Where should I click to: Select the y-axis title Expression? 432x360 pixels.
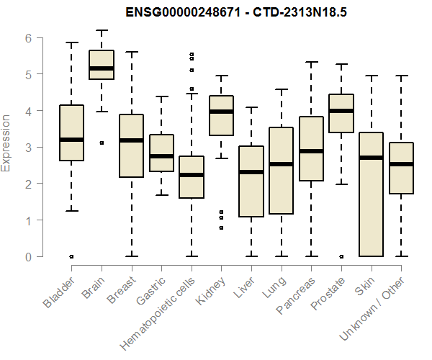pos(6,143)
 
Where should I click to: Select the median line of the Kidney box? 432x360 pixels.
pos(221,112)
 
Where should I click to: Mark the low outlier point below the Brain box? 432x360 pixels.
pos(102,143)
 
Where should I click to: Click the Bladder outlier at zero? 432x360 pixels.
pos(71,256)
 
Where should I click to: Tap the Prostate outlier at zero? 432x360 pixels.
pos(341,256)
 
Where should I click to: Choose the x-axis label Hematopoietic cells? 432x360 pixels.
pos(164,302)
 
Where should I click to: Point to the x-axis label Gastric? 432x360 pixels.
pos(150,289)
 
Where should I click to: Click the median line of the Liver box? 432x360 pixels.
pos(251,172)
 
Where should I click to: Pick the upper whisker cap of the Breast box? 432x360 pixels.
pos(131,52)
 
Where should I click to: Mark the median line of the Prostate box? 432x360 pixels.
pos(341,111)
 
